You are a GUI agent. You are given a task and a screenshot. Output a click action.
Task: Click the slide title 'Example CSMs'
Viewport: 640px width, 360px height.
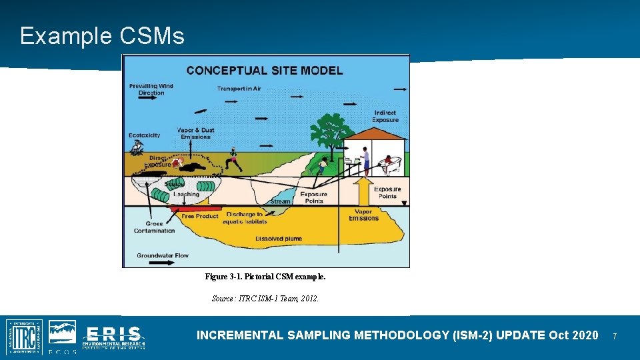(x=102, y=36)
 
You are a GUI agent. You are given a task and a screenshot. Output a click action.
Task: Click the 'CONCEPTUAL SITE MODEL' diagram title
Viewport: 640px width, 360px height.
(x=265, y=70)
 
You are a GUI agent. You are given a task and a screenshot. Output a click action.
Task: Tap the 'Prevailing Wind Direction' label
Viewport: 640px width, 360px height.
(x=151, y=89)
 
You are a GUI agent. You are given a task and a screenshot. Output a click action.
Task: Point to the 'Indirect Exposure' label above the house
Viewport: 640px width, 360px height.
(x=385, y=117)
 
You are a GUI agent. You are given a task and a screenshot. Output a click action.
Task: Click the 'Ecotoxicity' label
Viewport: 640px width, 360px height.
(x=145, y=135)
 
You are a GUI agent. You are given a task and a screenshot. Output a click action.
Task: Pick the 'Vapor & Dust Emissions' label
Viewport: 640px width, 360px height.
(x=195, y=133)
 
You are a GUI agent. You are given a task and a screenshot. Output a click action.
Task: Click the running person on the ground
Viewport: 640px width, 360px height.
(x=233, y=159)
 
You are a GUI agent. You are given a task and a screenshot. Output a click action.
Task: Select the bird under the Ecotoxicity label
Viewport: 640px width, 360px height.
(x=137, y=150)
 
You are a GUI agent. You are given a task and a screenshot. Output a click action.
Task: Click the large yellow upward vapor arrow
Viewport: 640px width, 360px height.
(x=364, y=190)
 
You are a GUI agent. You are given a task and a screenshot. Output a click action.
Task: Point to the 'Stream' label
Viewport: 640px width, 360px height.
(x=280, y=201)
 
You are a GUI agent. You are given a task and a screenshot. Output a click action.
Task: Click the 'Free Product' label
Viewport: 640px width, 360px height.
(x=200, y=216)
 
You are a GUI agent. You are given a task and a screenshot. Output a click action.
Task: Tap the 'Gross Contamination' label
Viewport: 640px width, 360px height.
(x=154, y=227)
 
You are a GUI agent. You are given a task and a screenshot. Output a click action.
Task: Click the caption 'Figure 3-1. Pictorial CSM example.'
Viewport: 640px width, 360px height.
(x=265, y=276)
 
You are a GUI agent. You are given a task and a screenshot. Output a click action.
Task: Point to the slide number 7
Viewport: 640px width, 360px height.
(x=615, y=336)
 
